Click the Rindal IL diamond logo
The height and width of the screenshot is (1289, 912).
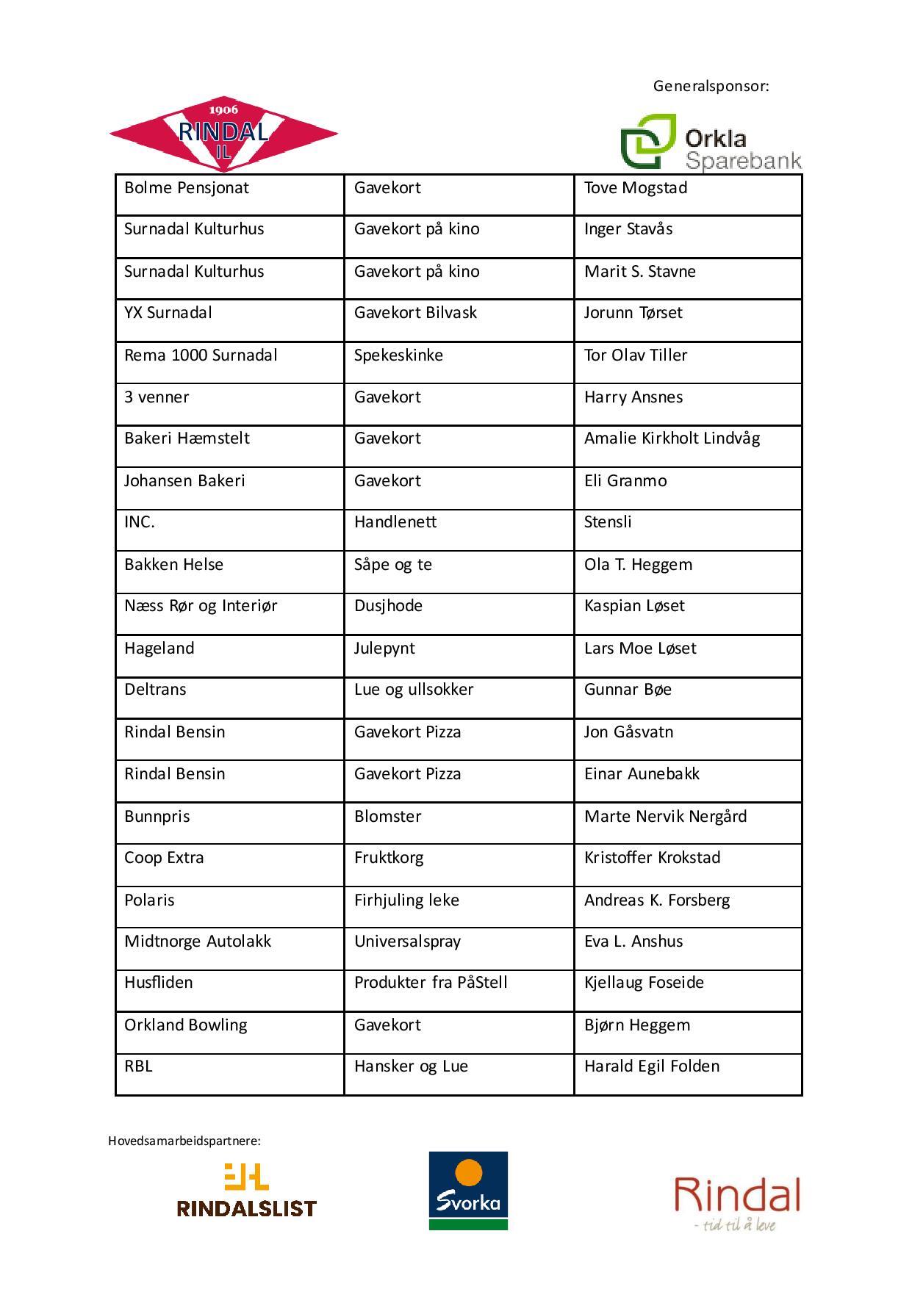pyautogui.click(x=223, y=134)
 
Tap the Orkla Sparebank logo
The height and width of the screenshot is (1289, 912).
pyautogui.click(x=710, y=143)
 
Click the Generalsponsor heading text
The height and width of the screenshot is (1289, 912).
pyautogui.click(x=711, y=86)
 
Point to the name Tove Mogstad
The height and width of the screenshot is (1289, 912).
pyautogui.click(x=636, y=188)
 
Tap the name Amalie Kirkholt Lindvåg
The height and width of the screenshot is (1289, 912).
pyautogui.click(x=672, y=438)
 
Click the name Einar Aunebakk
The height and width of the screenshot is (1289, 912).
pyautogui.click(x=642, y=774)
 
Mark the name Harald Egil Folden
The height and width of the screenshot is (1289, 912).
pyautogui.click(x=652, y=1066)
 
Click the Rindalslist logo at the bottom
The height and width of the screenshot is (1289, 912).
pyautogui.click(x=246, y=1189)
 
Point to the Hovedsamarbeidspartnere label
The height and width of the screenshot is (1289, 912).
pyautogui.click(x=184, y=1141)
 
